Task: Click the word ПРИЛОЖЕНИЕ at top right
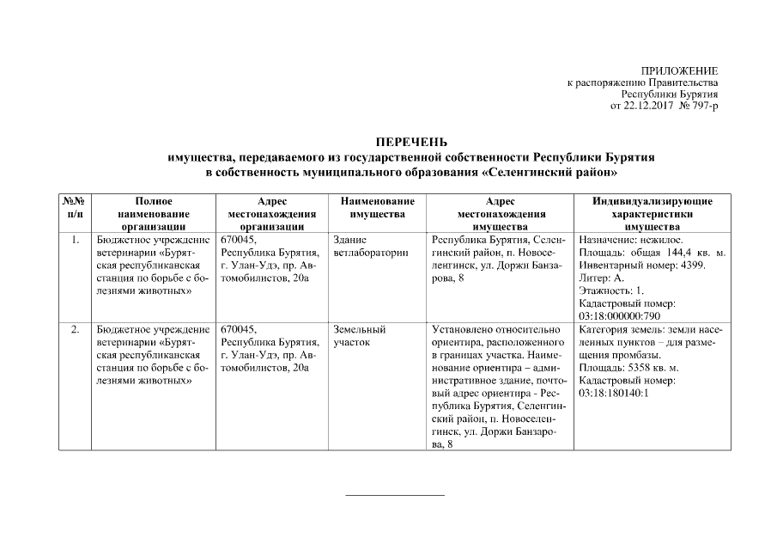[x=679, y=70]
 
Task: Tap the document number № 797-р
[x=699, y=107]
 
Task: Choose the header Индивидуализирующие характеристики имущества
[x=653, y=213]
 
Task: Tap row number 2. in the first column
[x=75, y=329]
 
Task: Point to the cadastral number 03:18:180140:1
[x=616, y=392]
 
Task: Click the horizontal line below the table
[x=395, y=495]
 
